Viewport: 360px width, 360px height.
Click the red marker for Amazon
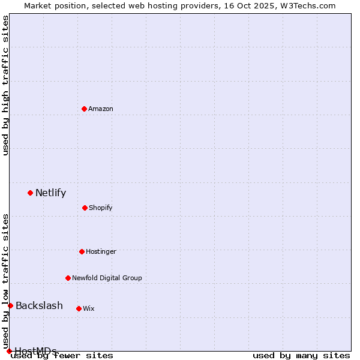tap(84, 109)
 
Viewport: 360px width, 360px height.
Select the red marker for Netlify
tap(30, 193)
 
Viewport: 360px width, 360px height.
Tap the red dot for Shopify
tap(85, 208)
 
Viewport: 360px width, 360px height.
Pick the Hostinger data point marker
tap(82, 251)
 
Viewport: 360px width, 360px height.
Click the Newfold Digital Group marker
tap(68, 278)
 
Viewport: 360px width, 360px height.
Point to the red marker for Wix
tap(79, 308)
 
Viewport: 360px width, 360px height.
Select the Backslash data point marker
tap(10, 305)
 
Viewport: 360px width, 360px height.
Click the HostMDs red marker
tap(9, 351)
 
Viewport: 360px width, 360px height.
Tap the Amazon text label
tap(101, 109)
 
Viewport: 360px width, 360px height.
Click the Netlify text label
tap(50, 193)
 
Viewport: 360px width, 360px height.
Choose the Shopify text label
tap(101, 208)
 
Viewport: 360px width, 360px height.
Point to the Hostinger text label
tap(101, 251)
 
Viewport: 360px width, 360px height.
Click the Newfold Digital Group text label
tap(107, 278)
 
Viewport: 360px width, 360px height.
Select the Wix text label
tap(89, 308)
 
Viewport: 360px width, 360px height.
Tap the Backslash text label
tap(39, 305)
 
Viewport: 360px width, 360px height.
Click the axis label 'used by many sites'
tap(301, 355)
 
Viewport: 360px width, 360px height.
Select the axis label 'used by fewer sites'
tap(62, 355)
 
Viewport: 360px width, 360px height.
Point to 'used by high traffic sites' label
tap(5, 85)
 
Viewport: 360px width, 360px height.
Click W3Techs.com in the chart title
tap(308, 5)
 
